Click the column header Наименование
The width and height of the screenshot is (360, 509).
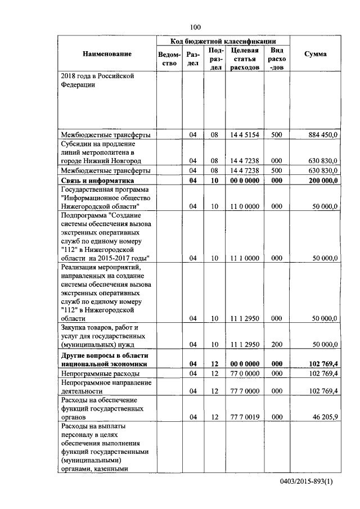point(107,54)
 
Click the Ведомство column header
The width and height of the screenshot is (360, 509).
point(170,59)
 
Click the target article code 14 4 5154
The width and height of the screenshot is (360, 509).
point(244,135)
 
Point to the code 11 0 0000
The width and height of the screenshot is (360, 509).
point(244,206)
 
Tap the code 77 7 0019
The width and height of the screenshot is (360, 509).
point(244,418)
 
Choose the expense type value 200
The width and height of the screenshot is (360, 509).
point(276,344)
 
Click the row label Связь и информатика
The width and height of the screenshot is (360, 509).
point(97,181)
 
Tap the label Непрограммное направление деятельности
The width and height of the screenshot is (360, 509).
point(98,386)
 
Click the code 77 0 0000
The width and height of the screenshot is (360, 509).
point(244,373)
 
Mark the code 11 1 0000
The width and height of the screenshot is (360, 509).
point(244,258)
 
